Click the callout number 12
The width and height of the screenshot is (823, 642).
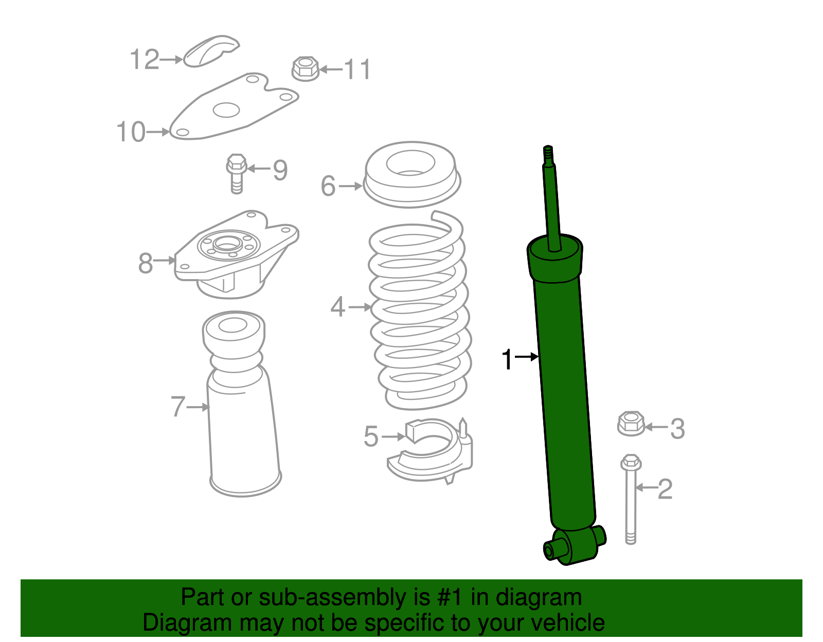point(145,60)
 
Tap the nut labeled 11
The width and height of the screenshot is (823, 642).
point(306,69)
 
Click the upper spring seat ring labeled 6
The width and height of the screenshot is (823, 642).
point(411,175)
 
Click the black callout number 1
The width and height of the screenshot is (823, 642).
point(507,359)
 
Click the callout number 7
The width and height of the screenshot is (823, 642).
point(178,407)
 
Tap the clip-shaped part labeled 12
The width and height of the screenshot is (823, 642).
point(211,51)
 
